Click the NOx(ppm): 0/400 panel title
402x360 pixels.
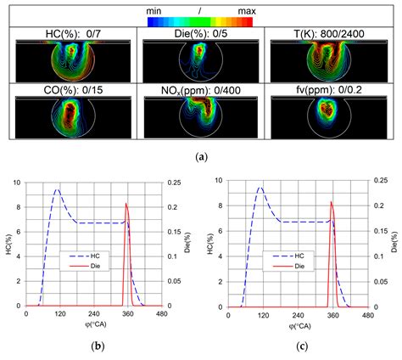tap(200, 87)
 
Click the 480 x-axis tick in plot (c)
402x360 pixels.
tap(367, 314)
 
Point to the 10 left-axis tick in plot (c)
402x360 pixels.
tap(217, 181)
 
